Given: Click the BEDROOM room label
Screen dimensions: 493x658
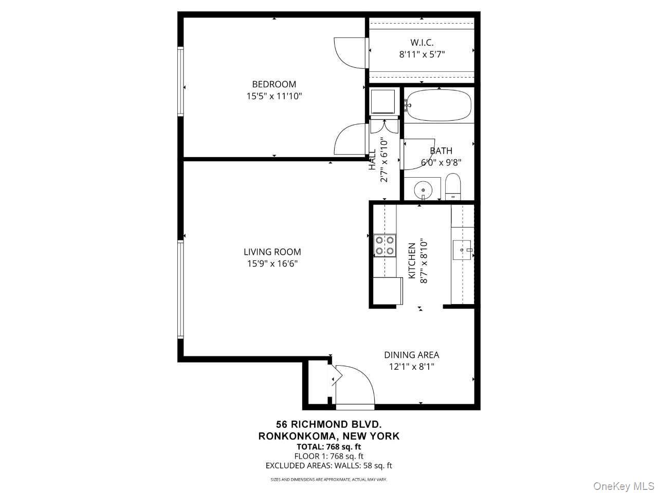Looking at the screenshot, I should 274,84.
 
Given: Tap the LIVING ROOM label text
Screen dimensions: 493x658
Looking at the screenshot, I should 272,252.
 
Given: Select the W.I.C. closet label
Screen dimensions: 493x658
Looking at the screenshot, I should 422,43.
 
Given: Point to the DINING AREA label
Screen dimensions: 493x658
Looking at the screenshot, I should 411,355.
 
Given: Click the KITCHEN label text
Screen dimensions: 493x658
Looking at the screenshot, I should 412,261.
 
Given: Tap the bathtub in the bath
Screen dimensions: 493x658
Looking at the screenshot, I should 438,105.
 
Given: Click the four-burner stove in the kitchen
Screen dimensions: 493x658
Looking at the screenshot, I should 385,245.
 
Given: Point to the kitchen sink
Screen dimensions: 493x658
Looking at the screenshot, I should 463,250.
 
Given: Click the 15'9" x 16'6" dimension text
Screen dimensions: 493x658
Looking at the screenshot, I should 272,264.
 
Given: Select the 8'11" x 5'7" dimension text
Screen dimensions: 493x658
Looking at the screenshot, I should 422,54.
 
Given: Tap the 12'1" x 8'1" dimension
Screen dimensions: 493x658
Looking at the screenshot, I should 411,367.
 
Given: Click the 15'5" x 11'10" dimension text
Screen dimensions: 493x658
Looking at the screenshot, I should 274,96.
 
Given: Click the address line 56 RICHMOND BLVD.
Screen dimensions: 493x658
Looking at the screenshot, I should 328,424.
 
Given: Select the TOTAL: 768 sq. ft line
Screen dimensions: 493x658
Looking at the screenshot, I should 328,446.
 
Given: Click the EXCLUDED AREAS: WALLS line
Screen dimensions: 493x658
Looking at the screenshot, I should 328,466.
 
